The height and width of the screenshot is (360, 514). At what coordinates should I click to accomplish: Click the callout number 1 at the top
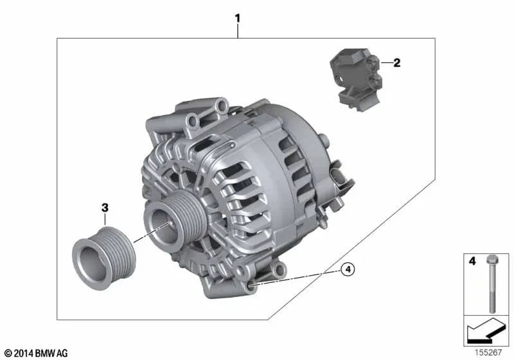click(x=238, y=19)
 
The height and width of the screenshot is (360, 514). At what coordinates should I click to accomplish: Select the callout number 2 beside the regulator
click(x=396, y=62)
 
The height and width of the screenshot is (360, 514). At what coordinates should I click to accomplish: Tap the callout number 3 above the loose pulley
click(x=105, y=208)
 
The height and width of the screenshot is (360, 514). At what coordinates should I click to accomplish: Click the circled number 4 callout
click(x=348, y=269)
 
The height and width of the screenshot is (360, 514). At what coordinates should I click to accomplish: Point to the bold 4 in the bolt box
click(x=472, y=261)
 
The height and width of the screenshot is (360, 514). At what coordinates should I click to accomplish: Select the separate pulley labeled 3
click(x=104, y=258)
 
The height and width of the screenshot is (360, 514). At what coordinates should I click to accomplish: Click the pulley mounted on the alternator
click(x=175, y=222)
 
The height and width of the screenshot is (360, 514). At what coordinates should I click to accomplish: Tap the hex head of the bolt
click(x=492, y=260)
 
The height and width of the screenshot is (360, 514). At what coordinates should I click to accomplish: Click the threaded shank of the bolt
click(x=492, y=289)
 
